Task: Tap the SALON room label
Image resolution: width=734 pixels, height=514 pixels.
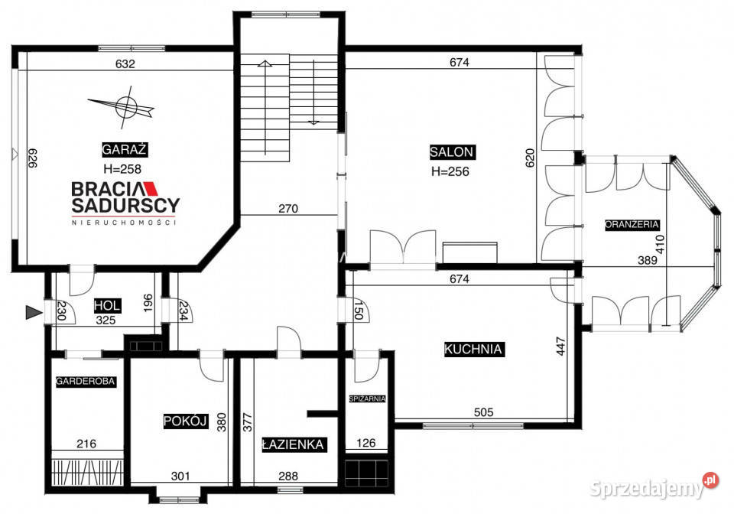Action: [x=451, y=151]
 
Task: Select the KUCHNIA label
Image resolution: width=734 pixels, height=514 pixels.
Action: [x=473, y=350]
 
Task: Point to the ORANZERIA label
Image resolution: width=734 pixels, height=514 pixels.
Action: [x=632, y=225]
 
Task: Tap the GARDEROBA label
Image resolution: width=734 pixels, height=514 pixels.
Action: [x=85, y=380]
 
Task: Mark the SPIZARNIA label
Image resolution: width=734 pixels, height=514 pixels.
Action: [x=367, y=399]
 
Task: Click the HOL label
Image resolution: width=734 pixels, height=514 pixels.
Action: [x=107, y=305]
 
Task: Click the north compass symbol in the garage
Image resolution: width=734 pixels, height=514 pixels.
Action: [x=127, y=108]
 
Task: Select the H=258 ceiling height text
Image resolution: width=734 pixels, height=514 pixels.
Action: [x=122, y=169]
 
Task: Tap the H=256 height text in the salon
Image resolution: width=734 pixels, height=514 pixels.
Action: [x=450, y=171]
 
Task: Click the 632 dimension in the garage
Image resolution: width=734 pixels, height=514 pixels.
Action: [x=125, y=64]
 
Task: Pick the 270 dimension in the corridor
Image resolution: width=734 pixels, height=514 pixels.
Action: [x=287, y=208]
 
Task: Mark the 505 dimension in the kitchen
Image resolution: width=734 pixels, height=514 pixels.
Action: [x=483, y=412]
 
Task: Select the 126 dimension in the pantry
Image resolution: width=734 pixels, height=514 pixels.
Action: [x=368, y=442]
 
